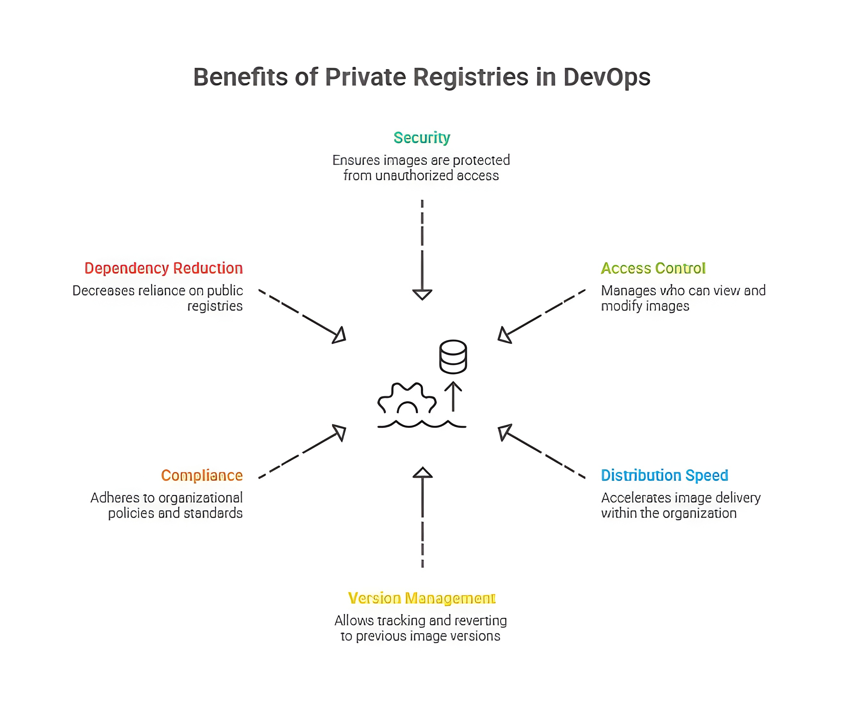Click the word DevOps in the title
pos(606,77)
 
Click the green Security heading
pos(422,138)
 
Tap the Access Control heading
pos(653,268)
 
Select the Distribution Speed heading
pos(664,475)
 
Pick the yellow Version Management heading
pos(422,598)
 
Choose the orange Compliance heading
pos(202,475)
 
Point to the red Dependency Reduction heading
pos(164,268)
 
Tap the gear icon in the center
pos(407,399)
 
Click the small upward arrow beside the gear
pos(453,396)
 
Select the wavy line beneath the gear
pos(422,424)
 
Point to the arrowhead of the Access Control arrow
pos(504,335)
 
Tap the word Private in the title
pos(365,77)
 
